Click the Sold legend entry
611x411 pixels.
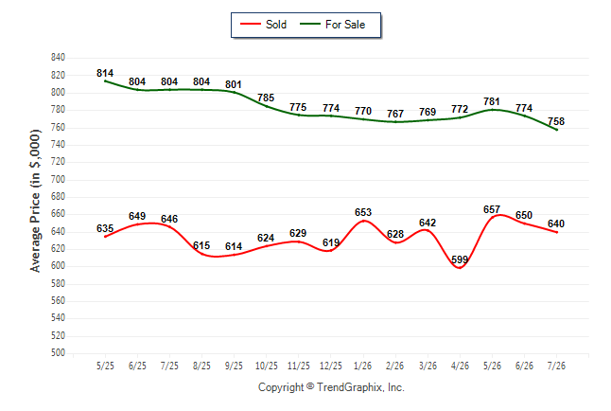(263, 25)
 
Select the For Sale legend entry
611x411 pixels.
(332, 25)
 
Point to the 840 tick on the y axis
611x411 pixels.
(58, 58)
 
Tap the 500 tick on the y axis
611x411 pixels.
(58, 353)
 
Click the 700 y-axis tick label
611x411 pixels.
(58, 180)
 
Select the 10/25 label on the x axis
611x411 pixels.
(267, 366)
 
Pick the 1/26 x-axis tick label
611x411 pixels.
(363, 366)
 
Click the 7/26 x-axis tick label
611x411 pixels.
(556, 366)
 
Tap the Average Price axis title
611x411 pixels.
(35, 201)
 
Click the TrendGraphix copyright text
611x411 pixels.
(331, 387)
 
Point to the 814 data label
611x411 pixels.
(105, 73)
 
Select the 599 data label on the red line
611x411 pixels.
(460, 259)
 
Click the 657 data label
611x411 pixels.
(492, 209)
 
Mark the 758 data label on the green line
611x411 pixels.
(556, 121)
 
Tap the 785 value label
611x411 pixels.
(266, 98)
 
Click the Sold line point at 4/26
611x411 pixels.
(460, 267)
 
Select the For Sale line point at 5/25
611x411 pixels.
(105, 80)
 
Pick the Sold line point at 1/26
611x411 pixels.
(363, 221)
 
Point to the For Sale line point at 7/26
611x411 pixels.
(556, 130)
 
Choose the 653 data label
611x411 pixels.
(363, 212)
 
